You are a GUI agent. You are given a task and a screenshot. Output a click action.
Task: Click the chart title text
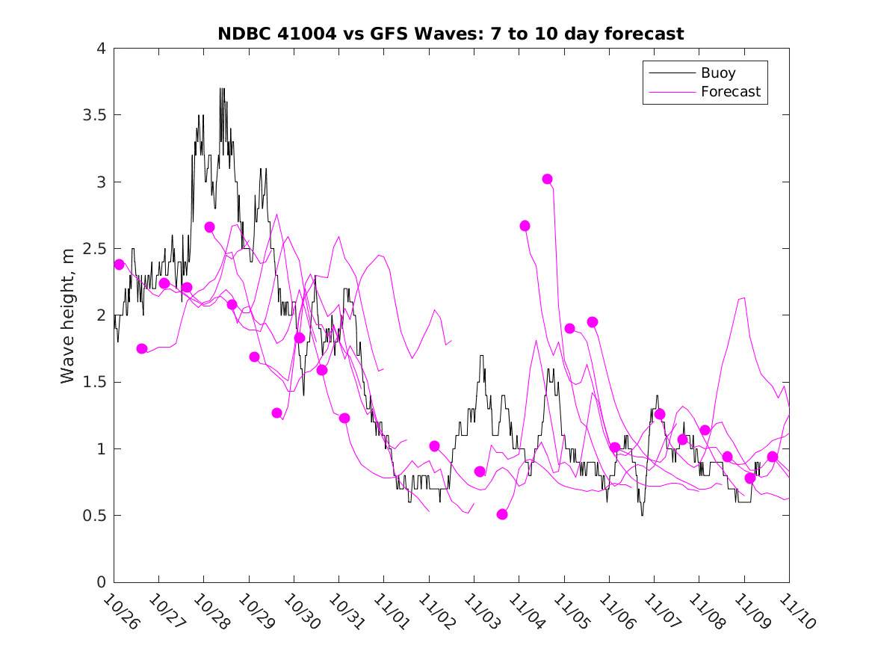[x=451, y=34]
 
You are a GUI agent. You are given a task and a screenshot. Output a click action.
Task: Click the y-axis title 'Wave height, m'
[x=68, y=315]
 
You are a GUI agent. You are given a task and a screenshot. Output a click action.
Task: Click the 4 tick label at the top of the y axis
[x=100, y=49]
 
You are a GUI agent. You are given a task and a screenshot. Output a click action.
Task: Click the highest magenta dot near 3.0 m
[x=547, y=179]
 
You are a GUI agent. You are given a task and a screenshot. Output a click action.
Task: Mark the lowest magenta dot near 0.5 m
[x=502, y=514]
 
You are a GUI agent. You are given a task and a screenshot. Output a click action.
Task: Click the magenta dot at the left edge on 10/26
[x=119, y=265]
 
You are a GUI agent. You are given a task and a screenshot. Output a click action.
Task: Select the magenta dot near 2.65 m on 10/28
[x=209, y=227]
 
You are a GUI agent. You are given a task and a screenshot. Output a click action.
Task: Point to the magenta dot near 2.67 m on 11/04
[x=525, y=226]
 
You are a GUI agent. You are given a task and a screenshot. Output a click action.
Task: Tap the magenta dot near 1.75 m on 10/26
[x=142, y=348]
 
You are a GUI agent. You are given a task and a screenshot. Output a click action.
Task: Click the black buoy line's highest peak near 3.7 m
[x=222, y=89]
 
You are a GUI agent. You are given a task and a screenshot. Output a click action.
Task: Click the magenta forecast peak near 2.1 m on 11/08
[x=744, y=297]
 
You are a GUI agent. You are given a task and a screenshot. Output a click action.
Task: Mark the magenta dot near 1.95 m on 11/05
[x=593, y=322]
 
